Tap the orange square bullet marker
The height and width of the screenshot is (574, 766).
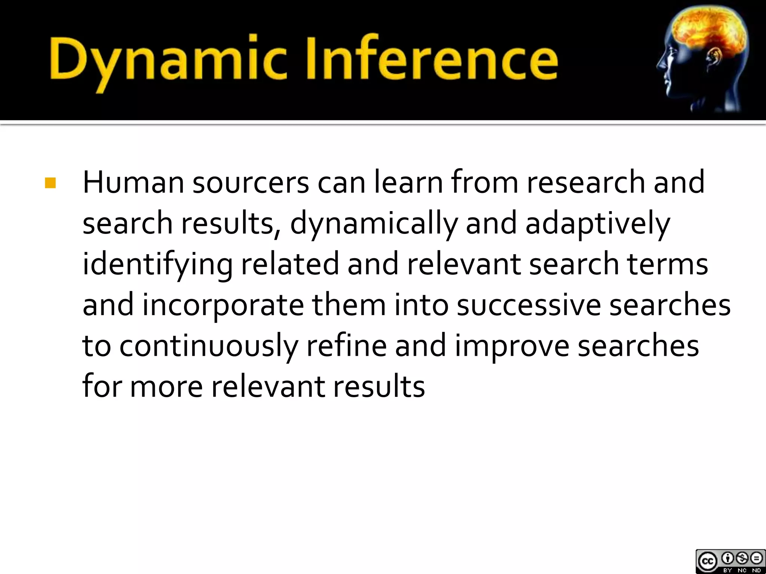click(50, 183)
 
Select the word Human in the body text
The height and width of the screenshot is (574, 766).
click(133, 182)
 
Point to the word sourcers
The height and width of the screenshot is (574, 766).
click(251, 183)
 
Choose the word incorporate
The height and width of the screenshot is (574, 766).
click(223, 305)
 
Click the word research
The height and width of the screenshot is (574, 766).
click(586, 182)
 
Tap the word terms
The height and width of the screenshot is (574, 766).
click(667, 264)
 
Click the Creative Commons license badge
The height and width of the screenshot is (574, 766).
click(730, 561)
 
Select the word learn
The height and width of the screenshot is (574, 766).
click(408, 182)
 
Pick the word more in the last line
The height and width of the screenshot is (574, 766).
click(166, 387)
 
